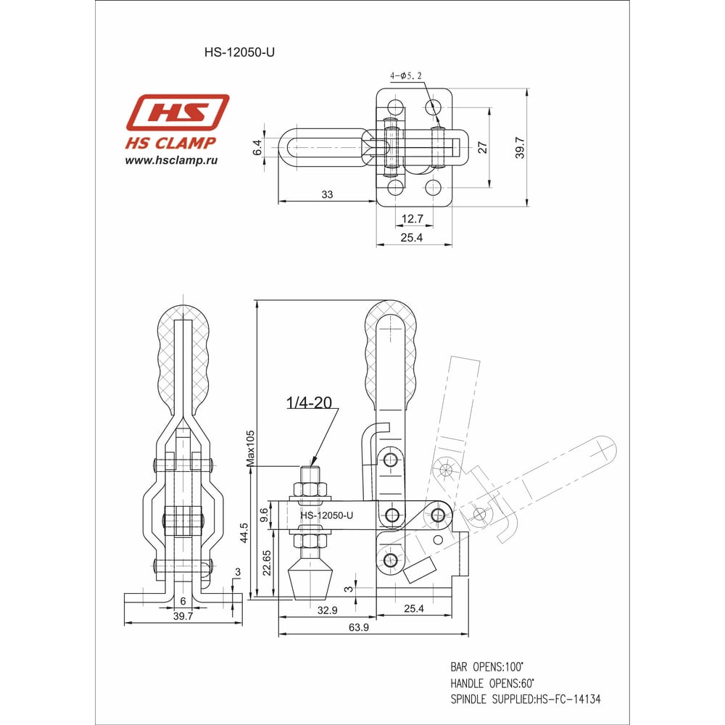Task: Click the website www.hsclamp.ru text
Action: click(x=172, y=160)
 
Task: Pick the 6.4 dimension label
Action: click(x=257, y=147)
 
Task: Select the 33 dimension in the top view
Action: click(x=327, y=194)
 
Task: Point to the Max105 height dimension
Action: click(x=250, y=446)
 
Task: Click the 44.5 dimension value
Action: click(x=244, y=533)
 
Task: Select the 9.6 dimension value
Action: click(x=265, y=515)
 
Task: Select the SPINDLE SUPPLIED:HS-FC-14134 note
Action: click(x=525, y=700)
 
